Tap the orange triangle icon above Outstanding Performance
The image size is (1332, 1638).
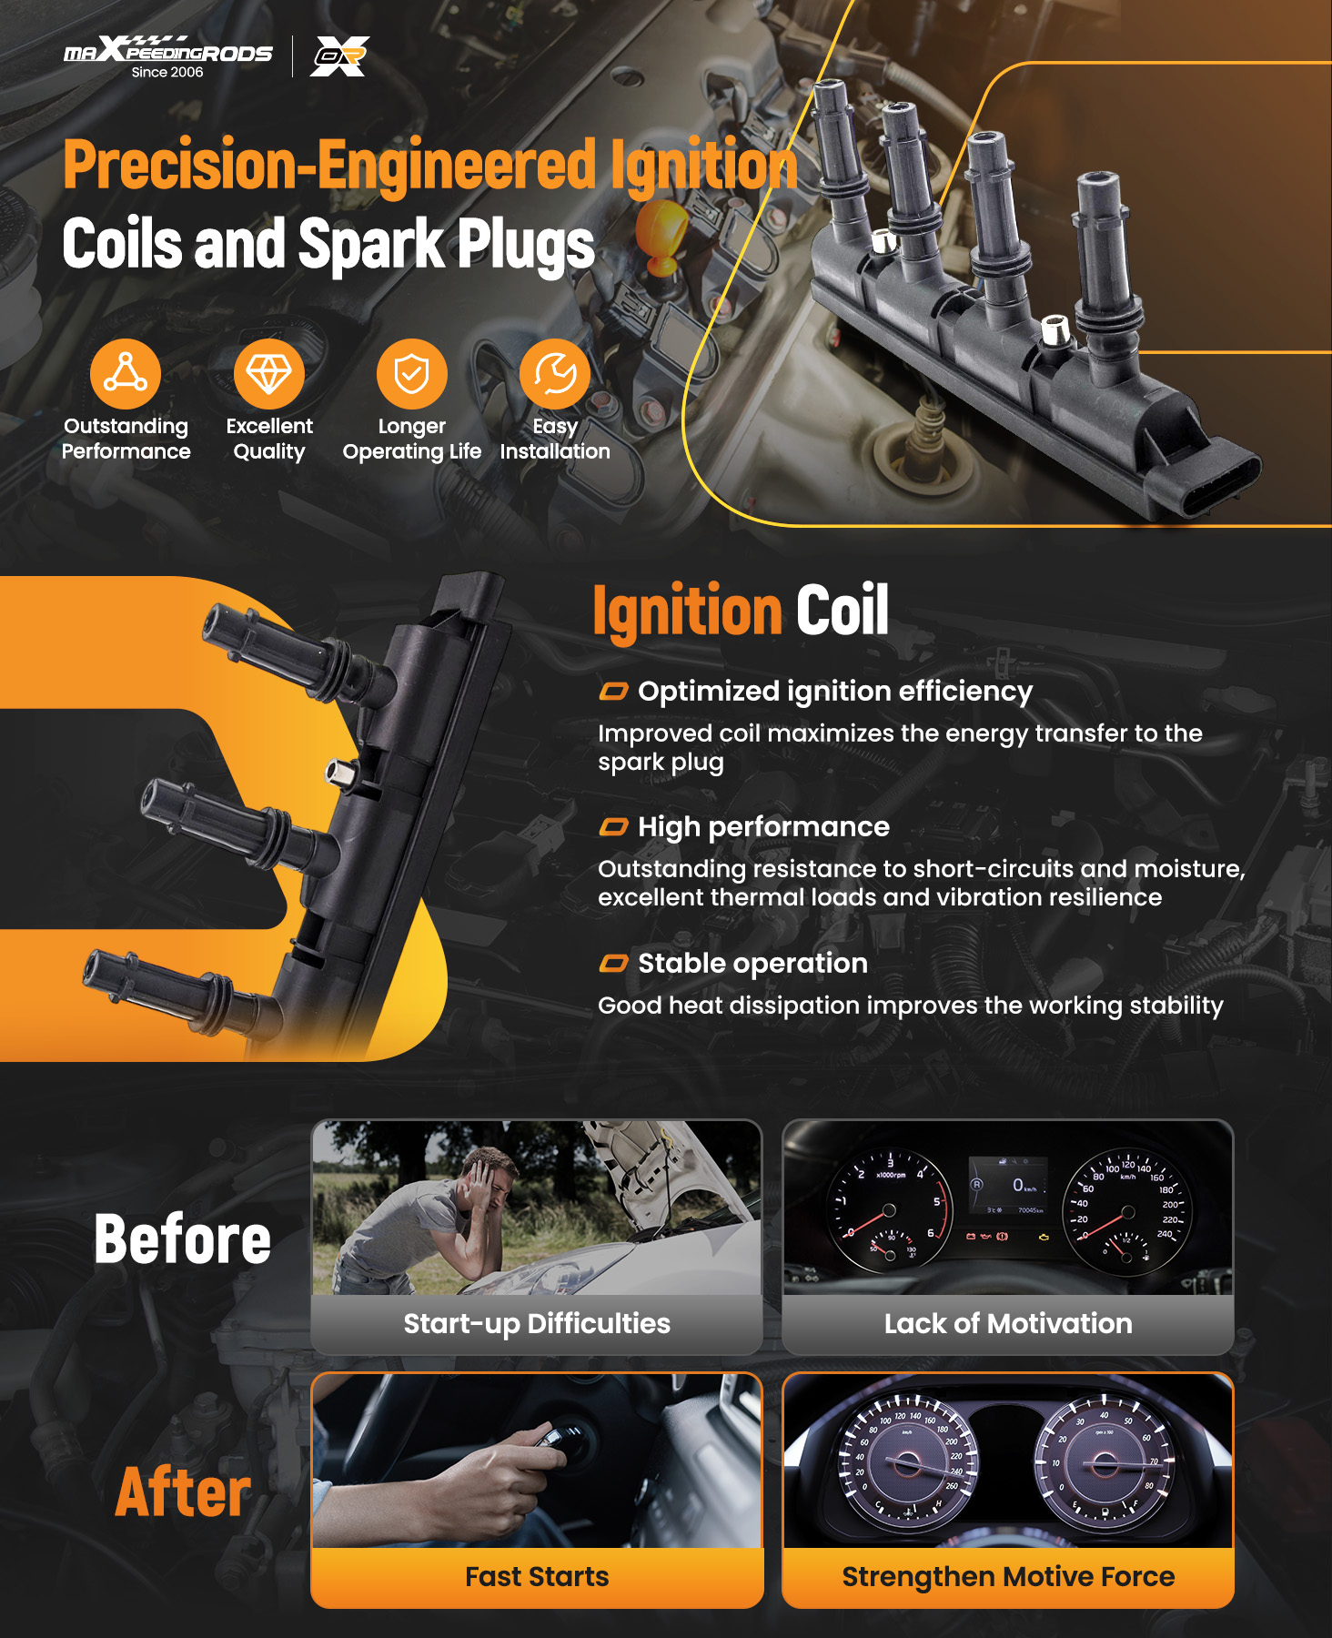tap(126, 373)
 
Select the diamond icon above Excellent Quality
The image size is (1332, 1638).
tap(269, 373)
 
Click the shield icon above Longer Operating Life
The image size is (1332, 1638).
tap(412, 373)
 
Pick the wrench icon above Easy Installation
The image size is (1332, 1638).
tap(555, 373)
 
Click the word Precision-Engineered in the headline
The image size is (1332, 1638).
tap(329, 166)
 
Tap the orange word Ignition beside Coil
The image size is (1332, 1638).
tap(687, 611)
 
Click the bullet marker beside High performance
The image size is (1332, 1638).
tap(613, 826)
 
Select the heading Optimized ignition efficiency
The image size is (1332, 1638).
tap(835, 692)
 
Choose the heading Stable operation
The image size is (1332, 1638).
tap(752, 963)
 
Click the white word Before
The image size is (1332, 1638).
tap(183, 1239)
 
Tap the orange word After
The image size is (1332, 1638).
tap(183, 1492)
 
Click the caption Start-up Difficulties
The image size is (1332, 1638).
tap(537, 1323)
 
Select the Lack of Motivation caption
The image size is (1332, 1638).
tap(1008, 1323)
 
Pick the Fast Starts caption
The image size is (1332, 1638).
tap(537, 1576)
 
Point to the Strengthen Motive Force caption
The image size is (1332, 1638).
tap(1008, 1577)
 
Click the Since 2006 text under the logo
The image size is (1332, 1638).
tap(167, 72)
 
